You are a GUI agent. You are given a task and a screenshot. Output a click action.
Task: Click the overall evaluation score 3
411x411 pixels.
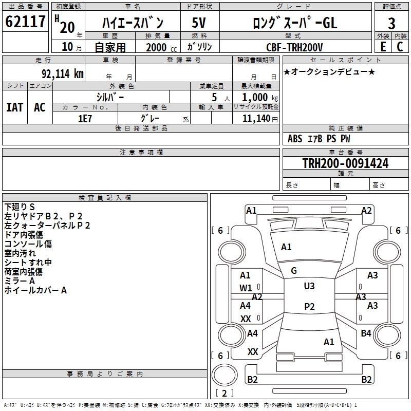391,23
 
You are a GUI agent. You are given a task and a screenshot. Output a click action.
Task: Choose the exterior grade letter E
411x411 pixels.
383,47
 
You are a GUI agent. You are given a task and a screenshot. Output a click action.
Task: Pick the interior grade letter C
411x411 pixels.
400,47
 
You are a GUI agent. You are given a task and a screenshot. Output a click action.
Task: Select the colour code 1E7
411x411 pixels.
85,118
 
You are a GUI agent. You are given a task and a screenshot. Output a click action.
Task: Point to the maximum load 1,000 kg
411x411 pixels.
259,97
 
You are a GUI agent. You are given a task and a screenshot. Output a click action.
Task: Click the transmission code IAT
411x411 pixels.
15,107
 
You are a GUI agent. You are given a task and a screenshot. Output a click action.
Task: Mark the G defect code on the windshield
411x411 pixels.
294,271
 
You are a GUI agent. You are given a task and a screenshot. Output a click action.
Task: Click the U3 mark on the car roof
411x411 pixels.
309,286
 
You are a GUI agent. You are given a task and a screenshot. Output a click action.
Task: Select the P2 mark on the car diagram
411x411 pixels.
309,307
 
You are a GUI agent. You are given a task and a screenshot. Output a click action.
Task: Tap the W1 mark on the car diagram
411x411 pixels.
246,288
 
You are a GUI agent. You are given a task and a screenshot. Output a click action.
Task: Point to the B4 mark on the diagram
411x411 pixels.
366,333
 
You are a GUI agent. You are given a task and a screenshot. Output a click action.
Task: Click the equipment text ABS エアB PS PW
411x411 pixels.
319,139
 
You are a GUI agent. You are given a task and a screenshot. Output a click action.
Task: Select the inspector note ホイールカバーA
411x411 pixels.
35,290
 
